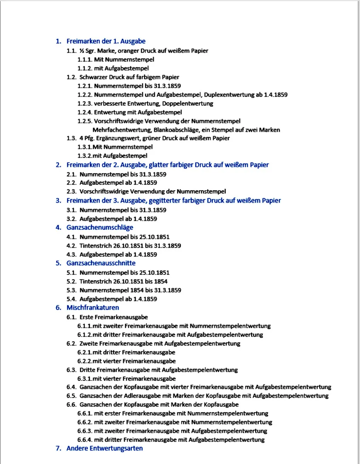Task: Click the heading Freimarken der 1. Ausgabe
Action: point(106,41)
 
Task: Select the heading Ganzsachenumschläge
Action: point(100,227)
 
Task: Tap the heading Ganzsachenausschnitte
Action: point(101,263)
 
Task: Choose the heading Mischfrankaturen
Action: point(93,308)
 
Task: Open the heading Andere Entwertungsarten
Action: point(104,449)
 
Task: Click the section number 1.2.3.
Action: point(85,103)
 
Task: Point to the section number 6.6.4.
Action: point(85,440)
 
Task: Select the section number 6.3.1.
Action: point(85,379)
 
